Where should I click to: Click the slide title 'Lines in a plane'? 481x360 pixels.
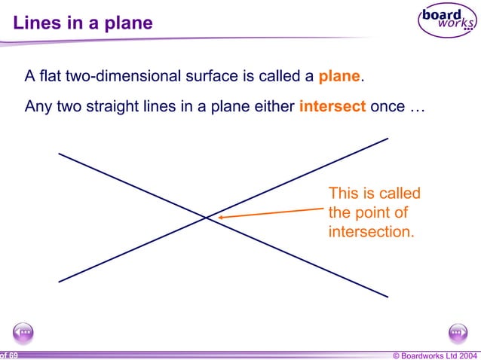(x=83, y=23)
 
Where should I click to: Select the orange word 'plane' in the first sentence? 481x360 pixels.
(x=340, y=77)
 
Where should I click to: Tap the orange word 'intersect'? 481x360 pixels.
(x=332, y=106)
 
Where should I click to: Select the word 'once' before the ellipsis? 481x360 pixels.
(x=388, y=106)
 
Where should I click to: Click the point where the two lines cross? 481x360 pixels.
(x=207, y=218)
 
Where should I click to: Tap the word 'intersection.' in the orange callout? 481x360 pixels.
(x=371, y=231)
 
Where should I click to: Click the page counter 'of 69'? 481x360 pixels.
(x=9, y=354)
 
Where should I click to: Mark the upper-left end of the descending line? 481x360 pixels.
(x=59, y=154)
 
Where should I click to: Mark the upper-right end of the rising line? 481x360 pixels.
(x=388, y=138)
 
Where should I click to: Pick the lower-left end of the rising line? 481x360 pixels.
(x=59, y=282)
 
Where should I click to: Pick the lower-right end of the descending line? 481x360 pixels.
(x=388, y=296)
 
